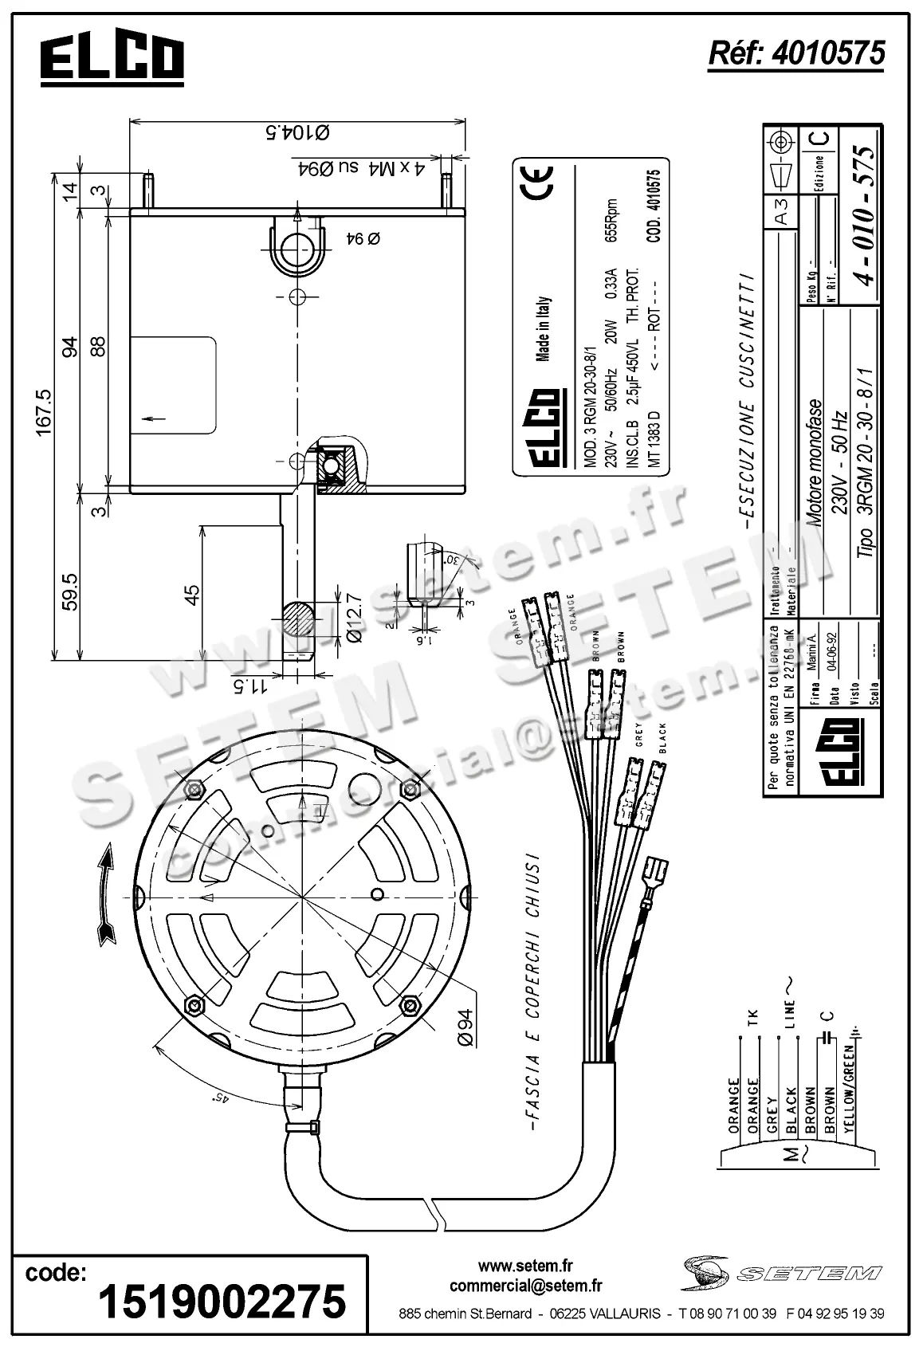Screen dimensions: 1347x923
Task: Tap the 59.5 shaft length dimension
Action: [x=69, y=591]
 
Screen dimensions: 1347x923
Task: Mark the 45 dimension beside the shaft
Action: [x=192, y=595]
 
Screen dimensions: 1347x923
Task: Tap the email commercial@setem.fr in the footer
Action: [x=525, y=1285]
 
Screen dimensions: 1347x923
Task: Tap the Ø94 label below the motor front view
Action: [x=465, y=1027]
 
